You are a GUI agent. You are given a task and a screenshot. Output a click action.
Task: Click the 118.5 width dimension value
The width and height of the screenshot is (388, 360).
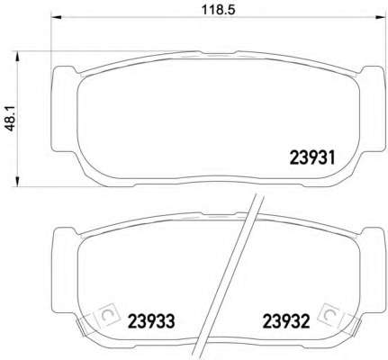coord(218,10)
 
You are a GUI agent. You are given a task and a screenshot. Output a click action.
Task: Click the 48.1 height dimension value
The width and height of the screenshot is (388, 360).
coord(11,118)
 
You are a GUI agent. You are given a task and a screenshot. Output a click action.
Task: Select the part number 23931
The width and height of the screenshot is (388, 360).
coord(312,157)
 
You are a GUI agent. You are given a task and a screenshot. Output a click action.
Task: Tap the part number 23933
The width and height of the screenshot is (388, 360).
coord(151,321)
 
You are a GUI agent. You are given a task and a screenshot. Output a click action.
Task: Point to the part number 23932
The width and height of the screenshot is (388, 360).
coord(286,321)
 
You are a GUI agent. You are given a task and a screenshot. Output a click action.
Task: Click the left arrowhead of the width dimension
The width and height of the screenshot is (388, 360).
coord(57,17)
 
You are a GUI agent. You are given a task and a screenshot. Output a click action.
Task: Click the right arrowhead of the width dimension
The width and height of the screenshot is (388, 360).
coord(380,17)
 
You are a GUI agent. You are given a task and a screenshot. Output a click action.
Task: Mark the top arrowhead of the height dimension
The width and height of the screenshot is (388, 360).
coord(17,57)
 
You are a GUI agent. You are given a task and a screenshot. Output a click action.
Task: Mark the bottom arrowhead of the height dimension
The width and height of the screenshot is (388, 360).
coord(17,182)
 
